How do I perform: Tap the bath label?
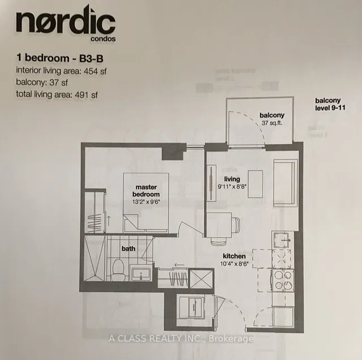[x=127, y=248]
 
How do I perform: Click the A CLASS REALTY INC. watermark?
[x=180, y=339]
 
